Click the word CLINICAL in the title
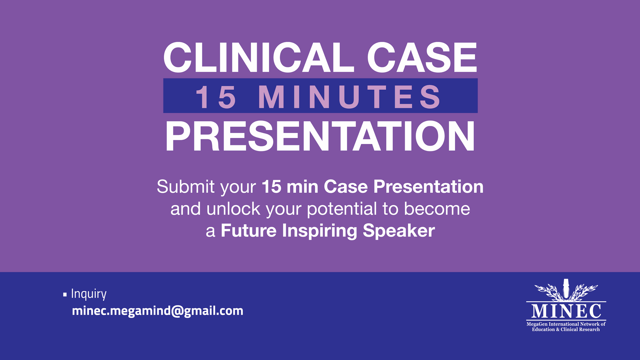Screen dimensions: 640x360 (x=259, y=57)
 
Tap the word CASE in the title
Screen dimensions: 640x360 (x=422, y=57)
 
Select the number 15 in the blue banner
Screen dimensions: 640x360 (x=216, y=97)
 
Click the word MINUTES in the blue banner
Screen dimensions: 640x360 (x=349, y=97)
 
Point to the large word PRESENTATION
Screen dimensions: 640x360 (x=320, y=136)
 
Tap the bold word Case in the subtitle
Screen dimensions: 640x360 (x=346, y=186)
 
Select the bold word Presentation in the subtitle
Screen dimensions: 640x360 (x=428, y=186)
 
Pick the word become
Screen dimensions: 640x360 (x=437, y=209)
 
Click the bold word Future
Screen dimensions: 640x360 (x=249, y=231)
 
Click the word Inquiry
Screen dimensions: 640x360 (x=89, y=294)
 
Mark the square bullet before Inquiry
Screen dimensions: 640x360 (x=65, y=295)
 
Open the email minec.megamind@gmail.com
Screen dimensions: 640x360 (x=158, y=311)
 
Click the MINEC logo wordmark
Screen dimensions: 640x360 (x=566, y=311)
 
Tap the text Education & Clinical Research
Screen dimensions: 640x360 (x=566, y=329)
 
